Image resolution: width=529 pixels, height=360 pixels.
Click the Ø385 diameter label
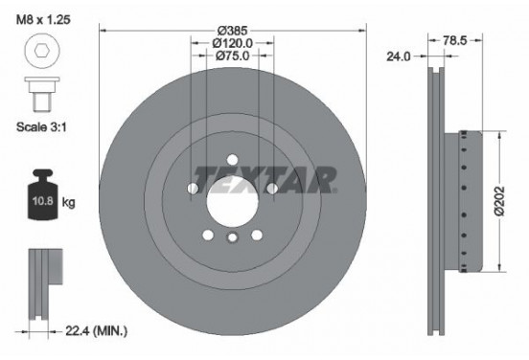(x=233, y=31)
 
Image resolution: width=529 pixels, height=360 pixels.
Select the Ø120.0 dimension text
(x=233, y=43)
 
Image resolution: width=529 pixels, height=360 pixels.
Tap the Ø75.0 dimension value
(x=233, y=56)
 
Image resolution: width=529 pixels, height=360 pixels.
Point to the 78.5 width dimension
(x=454, y=41)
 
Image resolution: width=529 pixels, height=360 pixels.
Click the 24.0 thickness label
(x=399, y=56)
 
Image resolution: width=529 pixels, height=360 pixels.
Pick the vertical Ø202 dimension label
(x=498, y=200)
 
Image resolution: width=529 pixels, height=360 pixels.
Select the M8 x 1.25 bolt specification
(x=43, y=19)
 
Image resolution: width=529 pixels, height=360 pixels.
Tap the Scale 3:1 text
(x=41, y=127)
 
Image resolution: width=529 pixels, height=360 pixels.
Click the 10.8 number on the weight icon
(x=42, y=201)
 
